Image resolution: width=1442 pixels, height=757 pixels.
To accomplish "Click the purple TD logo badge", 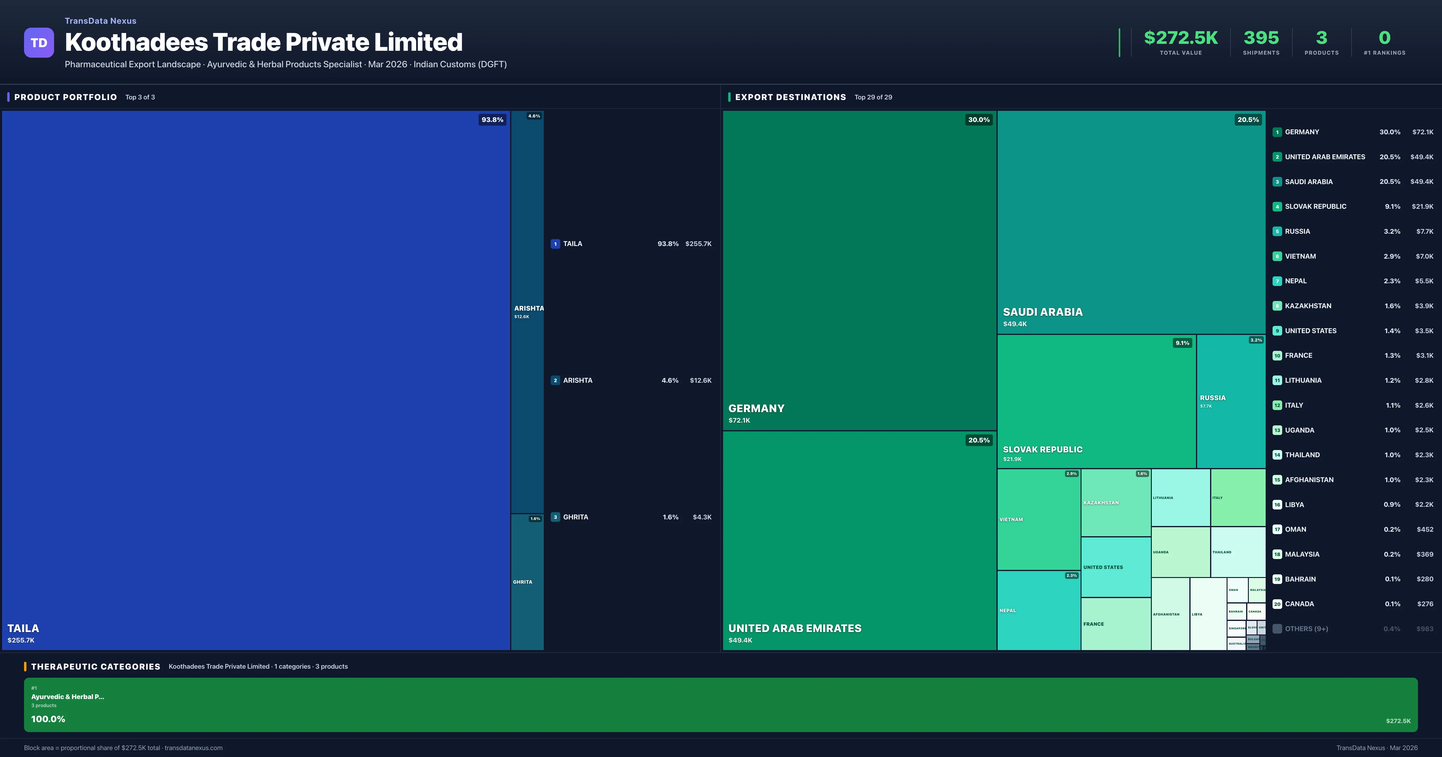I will [x=39, y=43].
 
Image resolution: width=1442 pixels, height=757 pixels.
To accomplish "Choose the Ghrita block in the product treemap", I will [x=527, y=582].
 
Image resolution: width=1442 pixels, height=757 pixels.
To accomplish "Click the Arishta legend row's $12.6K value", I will [x=700, y=381].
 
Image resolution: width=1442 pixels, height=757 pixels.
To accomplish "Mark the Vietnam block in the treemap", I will [x=1039, y=520].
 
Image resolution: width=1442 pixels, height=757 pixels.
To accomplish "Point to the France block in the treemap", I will [x=1115, y=624].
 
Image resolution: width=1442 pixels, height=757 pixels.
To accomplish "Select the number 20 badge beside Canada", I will [x=1277, y=604].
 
